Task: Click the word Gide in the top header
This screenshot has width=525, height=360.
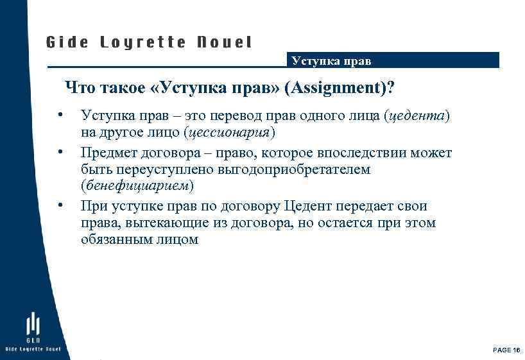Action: (65, 43)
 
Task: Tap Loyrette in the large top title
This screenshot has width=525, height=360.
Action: (143, 43)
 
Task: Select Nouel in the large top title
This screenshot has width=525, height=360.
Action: (225, 43)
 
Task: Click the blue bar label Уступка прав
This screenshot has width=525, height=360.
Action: (331, 62)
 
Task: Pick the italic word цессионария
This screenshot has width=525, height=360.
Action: (228, 133)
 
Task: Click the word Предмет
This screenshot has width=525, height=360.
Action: (107, 153)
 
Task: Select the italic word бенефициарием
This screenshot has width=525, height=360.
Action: (136, 187)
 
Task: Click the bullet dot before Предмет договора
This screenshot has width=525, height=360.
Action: (59, 152)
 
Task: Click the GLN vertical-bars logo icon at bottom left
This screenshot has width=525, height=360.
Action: (33, 324)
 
